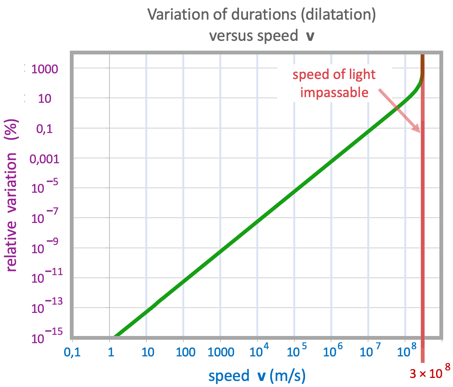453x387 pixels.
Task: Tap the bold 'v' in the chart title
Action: [310, 36]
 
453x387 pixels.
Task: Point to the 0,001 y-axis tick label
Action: [45, 159]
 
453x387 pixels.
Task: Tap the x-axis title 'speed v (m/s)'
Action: [257, 376]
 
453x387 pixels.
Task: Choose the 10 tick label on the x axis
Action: [147, 353]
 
